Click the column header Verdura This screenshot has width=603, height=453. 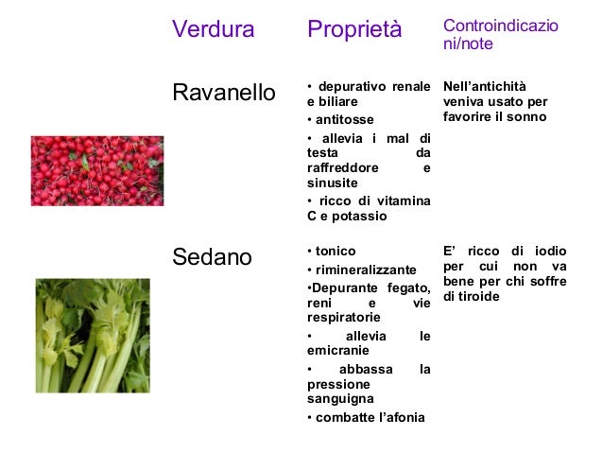coord(213,30)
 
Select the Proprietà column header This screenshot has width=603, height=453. coord(354,30)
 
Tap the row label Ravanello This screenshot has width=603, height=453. coord(223,93)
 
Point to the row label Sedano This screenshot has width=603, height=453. coord(212,257)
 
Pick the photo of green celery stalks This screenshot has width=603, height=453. coord(93,335)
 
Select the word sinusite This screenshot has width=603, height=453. coord(332,183)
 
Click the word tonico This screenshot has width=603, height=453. coord(336,252)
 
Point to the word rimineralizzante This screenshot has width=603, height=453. coord(365,270)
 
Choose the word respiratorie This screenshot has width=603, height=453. coord(343,318)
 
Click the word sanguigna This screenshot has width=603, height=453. coord(337,400)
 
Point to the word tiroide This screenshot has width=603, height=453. coord(479,296)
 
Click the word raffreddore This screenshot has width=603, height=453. coord(343,167)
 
